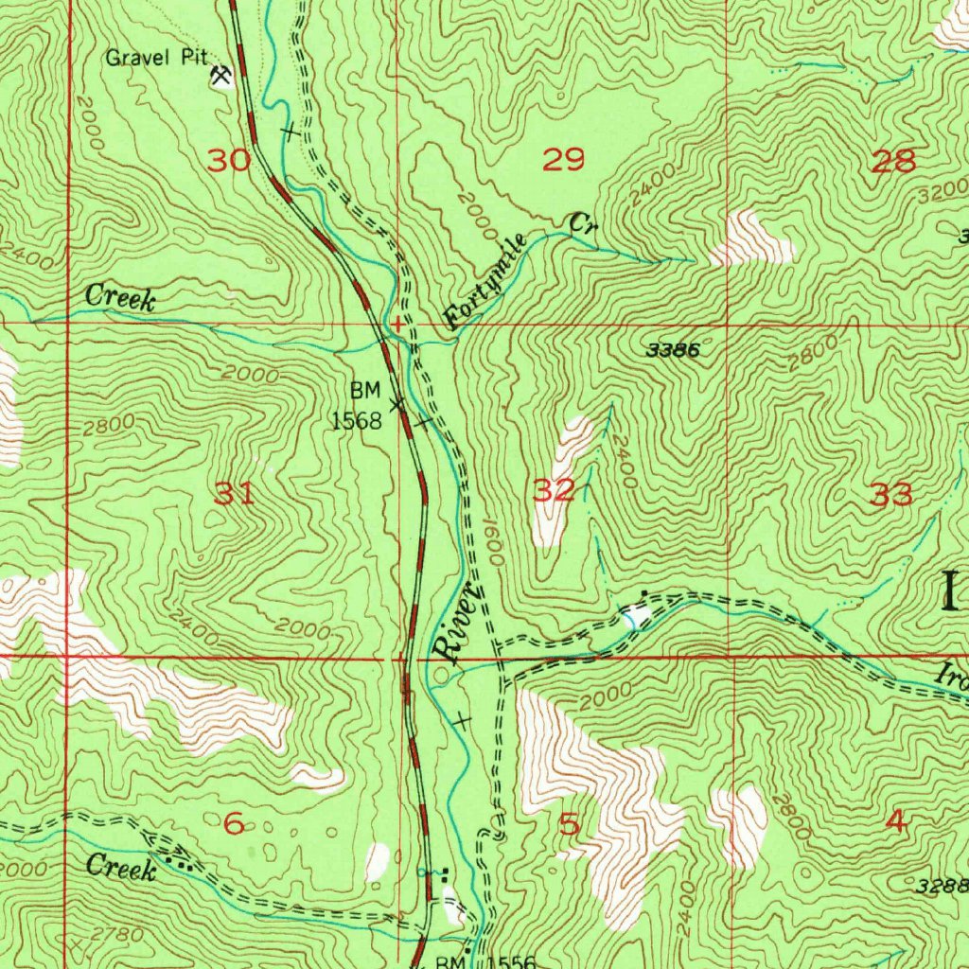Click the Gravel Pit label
[x=156, y=58]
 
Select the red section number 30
[x=230, y=160]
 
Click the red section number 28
[x=894, y=161]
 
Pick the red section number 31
[x=235, y=493]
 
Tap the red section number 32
[x=554, y=490]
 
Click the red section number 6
[x=234, y=824]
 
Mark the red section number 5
[x=568, y=824]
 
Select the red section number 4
[x=896, y=823]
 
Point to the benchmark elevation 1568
[x=356, y=420]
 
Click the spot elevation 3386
[x=675, y=350]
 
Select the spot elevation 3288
[x=943, y=886]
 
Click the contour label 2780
[x=121, y=936]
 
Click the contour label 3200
[x=942, y=197]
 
